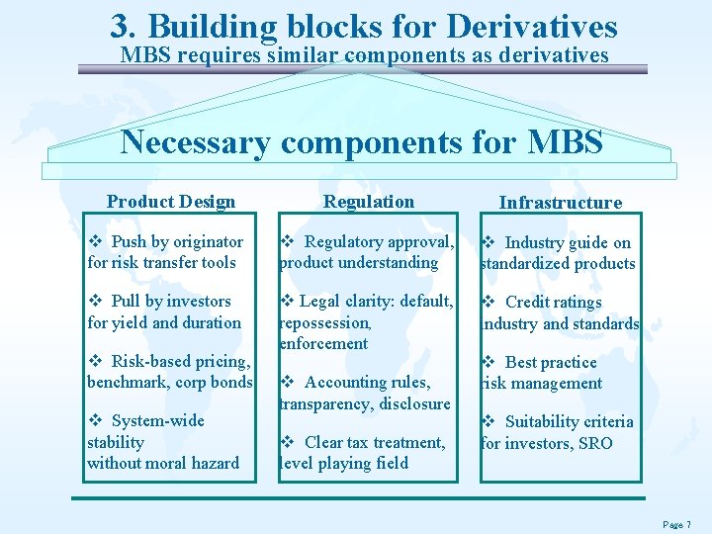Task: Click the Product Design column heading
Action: click(x=170, y=202)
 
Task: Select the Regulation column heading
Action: click(x=369, y=202)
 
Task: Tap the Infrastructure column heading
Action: click(x=560, y=203)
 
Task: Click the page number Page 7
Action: click(x=676, y=524)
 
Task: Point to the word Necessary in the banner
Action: click(x=192, y=142)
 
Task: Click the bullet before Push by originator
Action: click(x=95, y=242)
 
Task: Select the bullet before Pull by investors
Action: click(x=95, y=302)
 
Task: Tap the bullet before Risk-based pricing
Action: click(x=95, y=361)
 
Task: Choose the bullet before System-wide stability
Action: click(x=95, y=421)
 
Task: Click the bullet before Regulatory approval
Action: click(x=287, y=242)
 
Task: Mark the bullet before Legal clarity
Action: click(x=287, y=302)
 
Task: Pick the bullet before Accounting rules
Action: click(x=287, y=383)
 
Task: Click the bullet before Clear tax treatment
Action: click(x=287, y=443)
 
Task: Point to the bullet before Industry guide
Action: click(x=488, y=243)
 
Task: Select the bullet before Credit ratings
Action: click(x=488, y=303)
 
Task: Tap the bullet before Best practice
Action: click(x=488, y=363)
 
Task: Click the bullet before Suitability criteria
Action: click(x=488, y=422)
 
